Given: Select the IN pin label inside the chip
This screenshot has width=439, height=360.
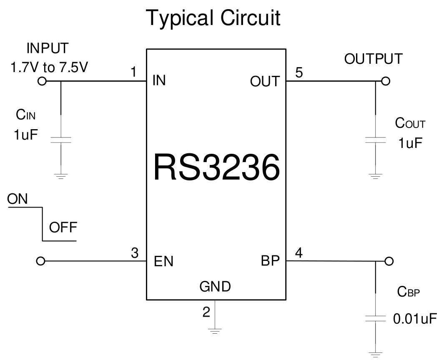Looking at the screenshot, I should pyautogui.click(x=159, y=80).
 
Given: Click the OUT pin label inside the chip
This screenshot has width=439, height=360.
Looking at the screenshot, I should pyautogui.click(x=265, y=82).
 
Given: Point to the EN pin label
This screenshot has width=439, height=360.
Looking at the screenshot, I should pyautogui.click(x=163, y=262).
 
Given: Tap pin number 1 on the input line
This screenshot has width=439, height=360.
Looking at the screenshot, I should pyautogui.click(x=133, y=72).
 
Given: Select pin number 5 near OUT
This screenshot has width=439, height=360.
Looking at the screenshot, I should pyautogui.click(x=299, y=72).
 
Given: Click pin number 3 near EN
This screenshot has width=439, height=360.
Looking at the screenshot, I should pyautogui.click(x=134, y=253).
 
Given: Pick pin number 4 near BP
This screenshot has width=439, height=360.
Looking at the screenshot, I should pyautogui.click(x=299, y=253).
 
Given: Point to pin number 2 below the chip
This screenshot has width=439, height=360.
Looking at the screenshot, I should pyautogui.click(x=206, y=312).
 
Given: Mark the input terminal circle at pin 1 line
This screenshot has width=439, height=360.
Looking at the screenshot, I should pyautogui.click(x=41, y=81).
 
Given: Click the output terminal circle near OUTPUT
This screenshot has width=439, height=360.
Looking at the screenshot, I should pyautogui.click(x=386, y=81).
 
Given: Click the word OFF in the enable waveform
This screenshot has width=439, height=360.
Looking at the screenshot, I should pyautogui.click(x=63, y=228).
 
